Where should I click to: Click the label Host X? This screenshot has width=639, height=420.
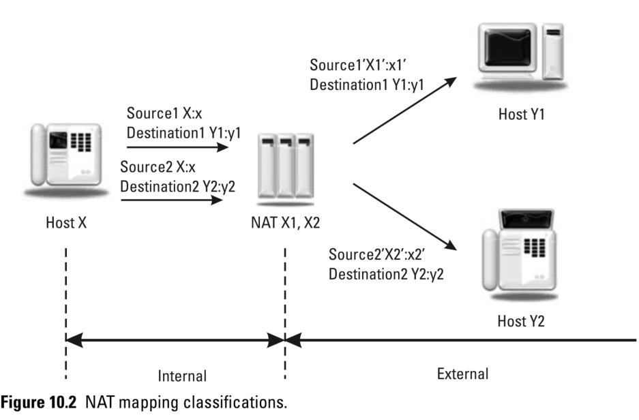[x=66, y=222]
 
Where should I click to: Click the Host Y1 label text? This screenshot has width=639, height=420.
[x=521, y=116]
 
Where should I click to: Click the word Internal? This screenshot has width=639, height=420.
[x=181, y=375]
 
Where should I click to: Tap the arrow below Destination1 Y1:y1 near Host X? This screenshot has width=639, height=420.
[x=176, y=146]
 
